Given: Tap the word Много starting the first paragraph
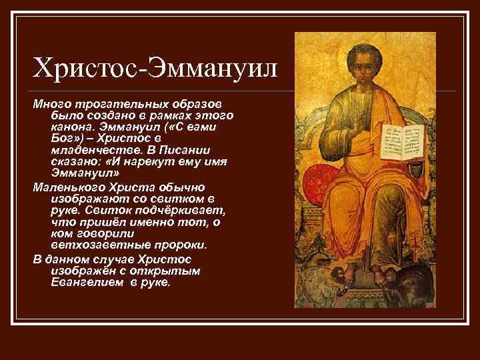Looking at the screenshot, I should tap(49, 105).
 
